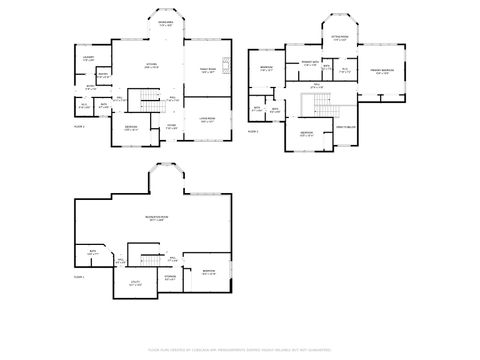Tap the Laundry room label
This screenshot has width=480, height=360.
(x=88, y=58)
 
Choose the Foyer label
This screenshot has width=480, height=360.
(x=171, y=126)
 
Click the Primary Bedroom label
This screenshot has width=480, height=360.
(x=379, y=71)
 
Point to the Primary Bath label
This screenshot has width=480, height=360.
(x=309, y=63)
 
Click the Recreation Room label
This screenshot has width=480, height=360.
(x=157, y=217)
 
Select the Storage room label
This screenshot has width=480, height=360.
(x=171, y=278)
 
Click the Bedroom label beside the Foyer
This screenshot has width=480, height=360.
(x=131, y=128)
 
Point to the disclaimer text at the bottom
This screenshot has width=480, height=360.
(x=239, y=351)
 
